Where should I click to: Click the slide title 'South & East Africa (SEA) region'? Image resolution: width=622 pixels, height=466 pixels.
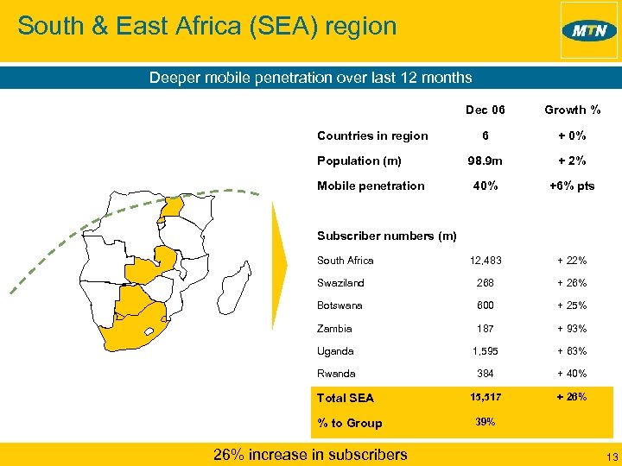207,26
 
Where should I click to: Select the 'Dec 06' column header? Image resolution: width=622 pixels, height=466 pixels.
486,110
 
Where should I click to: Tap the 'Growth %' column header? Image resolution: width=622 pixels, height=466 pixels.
572,110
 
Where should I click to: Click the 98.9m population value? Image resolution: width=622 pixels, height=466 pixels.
486,161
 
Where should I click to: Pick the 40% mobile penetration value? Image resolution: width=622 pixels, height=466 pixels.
486,186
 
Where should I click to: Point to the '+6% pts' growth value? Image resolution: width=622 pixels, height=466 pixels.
572,186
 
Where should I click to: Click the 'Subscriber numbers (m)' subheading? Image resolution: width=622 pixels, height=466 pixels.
387,236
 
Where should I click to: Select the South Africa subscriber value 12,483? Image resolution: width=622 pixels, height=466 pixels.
486,261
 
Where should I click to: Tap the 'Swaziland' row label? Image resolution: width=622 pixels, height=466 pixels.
340,283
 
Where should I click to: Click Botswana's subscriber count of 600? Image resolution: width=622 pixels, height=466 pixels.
486,305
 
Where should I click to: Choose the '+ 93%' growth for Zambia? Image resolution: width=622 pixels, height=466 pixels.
572,329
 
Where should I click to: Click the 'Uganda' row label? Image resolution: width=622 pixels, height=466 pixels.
335,351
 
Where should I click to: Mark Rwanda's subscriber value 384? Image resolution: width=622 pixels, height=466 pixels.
486,374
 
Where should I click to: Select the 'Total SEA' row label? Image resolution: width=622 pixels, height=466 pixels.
346,398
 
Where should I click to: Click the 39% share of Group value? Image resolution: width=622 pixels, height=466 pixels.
486,422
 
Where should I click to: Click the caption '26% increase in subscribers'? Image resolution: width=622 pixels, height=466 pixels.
310,454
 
